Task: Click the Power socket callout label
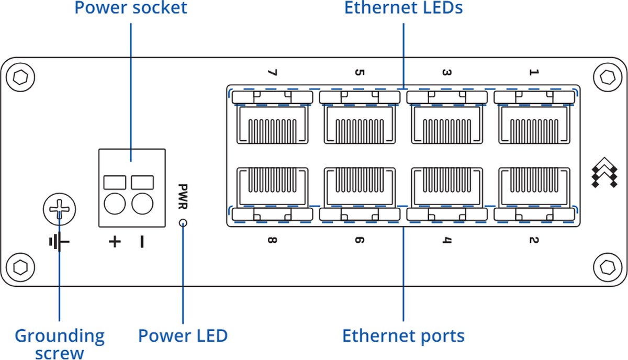point(130,8)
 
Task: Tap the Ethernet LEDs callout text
point(403,8)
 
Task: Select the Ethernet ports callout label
point(403,335)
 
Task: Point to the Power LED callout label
point(183,335)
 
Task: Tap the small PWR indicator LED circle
point(183,224)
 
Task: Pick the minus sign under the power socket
point(141,241)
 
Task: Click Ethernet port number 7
point(272,125)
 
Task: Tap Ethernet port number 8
point(272,186)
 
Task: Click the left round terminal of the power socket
point(115,204)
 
